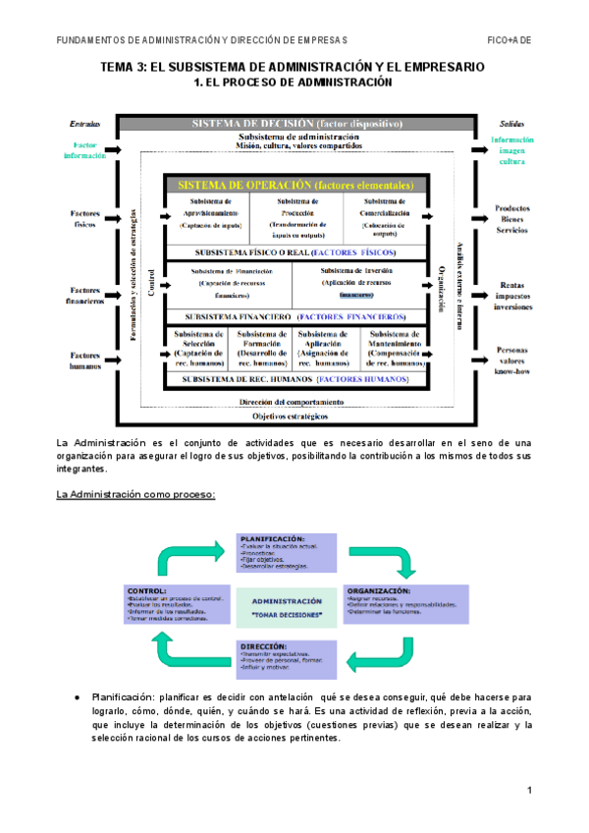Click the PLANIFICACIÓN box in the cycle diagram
pyautogui.click(x=287, y=553)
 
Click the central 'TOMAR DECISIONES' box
pyautogui.click(x=287, y=606)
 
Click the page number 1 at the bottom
pyautogui.click(x=528, y=791)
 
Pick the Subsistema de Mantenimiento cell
pyautogui.click(x=394, y=348)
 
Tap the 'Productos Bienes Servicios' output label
pyautogui.click(x=512, y=218)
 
